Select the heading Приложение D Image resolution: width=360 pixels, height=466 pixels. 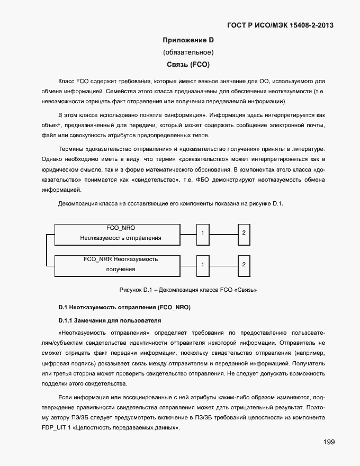pyautogui.click(x=187, y=40)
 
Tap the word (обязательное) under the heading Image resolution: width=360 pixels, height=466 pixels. pyautogui.click(x=188, y=52)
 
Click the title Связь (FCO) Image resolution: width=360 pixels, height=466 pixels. pyautogui.click(x=188, y=65)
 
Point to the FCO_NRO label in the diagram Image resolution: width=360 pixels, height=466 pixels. pyautogui.click(x=121, y=228)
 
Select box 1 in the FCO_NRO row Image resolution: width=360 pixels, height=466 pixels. pyautogui.click(x=202, y=232)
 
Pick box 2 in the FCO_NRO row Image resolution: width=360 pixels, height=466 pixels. pyautogui.click(x=243, y=232)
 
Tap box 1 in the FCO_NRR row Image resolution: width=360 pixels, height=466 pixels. pyautogui.click(x=202, y=264)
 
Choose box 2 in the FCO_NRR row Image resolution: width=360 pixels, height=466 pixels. pyautogui.click(x=243, y=264)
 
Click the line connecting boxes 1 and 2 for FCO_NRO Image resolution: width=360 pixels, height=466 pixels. pyautogui.click(x=222, y=232)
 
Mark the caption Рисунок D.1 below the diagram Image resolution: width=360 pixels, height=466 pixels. pyautogui.click(x=188, y=290)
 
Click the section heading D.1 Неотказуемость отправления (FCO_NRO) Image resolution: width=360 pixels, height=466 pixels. pyautogui.click(x=124, y=308)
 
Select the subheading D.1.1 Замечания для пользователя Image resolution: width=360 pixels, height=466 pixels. pyautogui.click(x=110, y=321)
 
